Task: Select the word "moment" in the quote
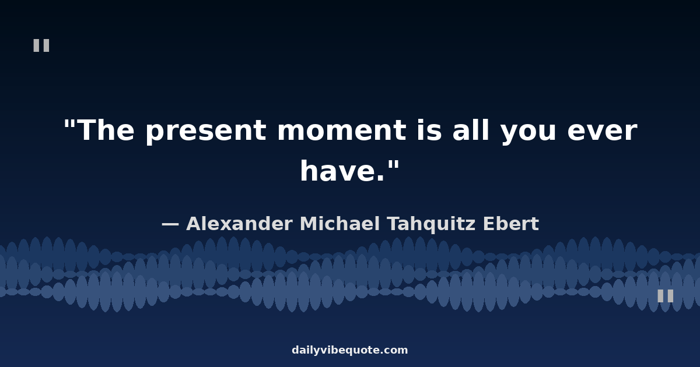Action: (342, 130)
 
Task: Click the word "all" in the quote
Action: (471, 129)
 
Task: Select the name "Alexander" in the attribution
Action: (239, 224)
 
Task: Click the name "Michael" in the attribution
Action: (340, 224)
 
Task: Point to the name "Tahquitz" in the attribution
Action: (431, 225)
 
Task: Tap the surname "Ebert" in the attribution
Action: (510, 224)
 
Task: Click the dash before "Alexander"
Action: (170, 224)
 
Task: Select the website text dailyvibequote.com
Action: (349, 350)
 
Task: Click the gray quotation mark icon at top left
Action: (41, 45)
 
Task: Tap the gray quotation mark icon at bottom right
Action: (666, 295)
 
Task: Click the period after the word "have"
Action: (380, 178)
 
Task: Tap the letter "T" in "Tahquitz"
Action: (394, 224)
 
